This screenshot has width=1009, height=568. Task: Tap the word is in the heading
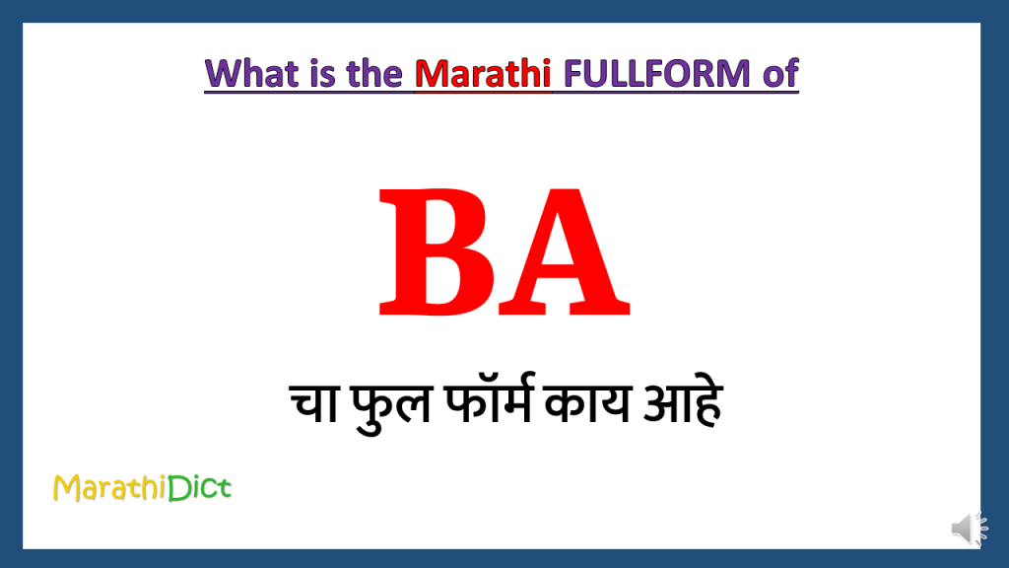pos(321,73)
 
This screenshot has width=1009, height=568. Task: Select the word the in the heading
pos(375,73)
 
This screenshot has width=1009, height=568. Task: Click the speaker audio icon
pos(969,529)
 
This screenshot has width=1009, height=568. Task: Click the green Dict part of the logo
pos(199,488)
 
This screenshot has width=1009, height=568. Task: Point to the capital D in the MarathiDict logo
pos(177,488)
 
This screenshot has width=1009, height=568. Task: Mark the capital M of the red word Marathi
pos(430,73)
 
